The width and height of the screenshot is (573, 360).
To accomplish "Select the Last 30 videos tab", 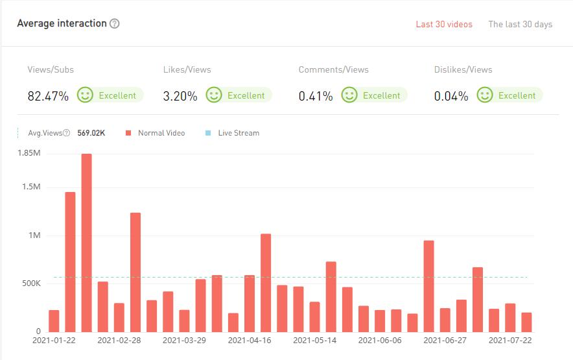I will coord(444,24).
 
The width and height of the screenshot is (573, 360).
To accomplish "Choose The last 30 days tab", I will coord(520,24).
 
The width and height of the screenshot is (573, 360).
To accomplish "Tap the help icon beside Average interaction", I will coord(115,23).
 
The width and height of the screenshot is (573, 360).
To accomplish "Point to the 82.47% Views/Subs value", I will coord(48,96).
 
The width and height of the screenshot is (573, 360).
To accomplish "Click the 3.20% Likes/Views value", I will coord(180,96).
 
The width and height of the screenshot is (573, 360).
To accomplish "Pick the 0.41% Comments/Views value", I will coord(316,96).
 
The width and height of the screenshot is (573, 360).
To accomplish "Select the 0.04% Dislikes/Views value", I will coord(451,96).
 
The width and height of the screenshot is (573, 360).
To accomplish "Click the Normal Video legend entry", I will coord(161,133).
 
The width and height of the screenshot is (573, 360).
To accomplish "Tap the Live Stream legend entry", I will coord(238,133).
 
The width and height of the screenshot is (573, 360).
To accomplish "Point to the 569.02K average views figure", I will coord(91,133).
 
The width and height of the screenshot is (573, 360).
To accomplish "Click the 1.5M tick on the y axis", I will coord(31,187).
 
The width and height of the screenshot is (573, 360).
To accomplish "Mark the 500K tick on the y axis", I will coord(30,283).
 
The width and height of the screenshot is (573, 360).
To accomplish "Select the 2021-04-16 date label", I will coord(250,340).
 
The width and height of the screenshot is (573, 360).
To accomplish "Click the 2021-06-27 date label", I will coord(445,340).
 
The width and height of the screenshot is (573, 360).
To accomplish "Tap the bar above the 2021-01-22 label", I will coord(54,320).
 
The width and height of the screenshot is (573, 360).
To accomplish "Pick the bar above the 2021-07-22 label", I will coord(509,317).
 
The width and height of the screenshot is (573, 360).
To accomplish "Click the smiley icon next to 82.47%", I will coord(85,95).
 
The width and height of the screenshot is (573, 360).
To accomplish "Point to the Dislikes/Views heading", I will coord(463,69).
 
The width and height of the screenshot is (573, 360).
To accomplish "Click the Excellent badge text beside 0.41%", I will coord(381,95).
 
